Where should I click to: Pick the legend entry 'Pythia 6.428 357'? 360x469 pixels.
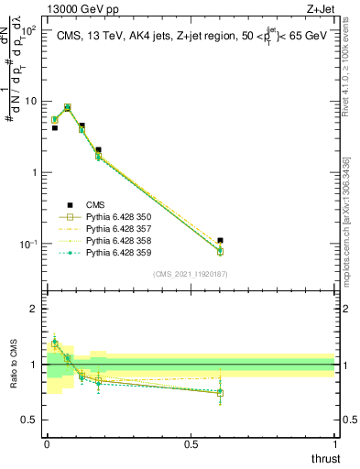(118, 228)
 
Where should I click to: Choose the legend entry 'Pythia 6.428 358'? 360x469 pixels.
(118, 240)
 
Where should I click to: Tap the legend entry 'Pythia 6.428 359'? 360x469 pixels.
(118, 252)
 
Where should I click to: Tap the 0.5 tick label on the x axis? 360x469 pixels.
(191, 444)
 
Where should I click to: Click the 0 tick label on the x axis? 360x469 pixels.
(47, 444)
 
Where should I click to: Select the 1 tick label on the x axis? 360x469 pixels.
(334, 444)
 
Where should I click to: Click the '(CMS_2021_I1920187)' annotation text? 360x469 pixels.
(191, 274)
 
